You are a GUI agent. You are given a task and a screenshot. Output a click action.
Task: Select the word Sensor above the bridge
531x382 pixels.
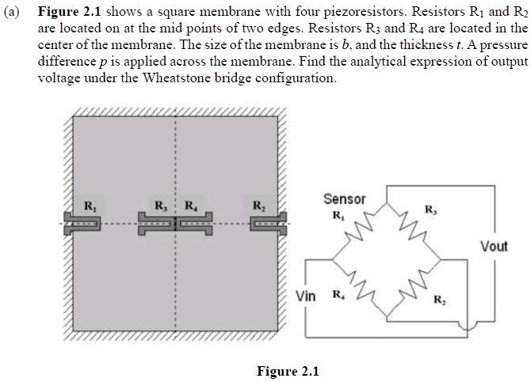344,199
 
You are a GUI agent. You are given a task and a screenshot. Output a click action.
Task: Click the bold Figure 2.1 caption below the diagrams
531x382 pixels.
288,372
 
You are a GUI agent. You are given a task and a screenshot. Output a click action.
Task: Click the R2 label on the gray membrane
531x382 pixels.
258,207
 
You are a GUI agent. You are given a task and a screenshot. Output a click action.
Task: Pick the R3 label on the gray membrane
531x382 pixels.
159,207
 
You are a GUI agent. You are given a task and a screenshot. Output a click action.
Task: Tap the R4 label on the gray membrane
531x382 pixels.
190,207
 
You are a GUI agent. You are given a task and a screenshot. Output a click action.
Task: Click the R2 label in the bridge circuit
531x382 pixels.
439,301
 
